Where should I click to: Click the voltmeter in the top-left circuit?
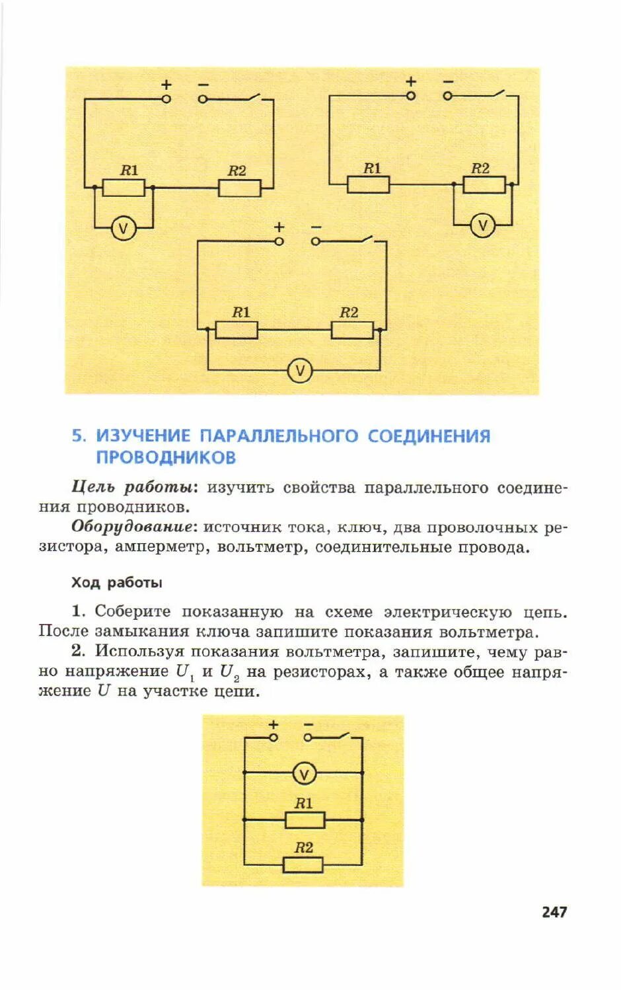click(x=123, y=229)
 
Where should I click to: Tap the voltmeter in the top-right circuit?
click(x=482, y=226)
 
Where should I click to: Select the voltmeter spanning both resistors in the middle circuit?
click(x=299, y=370)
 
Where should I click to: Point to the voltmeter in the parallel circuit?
click(x=304, y=773)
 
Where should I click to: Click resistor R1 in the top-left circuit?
click(x=124, y=188)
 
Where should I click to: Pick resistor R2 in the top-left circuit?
click(x=239, y=188)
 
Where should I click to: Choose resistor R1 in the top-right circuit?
click(x=368, y=184)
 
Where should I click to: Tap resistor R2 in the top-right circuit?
click(x=484, y=184)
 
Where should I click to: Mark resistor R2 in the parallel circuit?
click(x=303, y=864)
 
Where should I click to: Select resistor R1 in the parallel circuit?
click(x=305, y=820)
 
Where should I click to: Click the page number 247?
click(x=554, y=912)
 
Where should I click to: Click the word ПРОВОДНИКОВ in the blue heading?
click(x=166, y=457)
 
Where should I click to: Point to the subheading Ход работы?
click(x=116, y=583)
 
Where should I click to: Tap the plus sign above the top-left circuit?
click(x=166, y=85)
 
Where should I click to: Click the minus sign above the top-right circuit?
click(x=449, y=81)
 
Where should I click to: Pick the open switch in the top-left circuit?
click(x=254, y=97)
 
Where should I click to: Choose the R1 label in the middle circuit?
click(x=240, y=312)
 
